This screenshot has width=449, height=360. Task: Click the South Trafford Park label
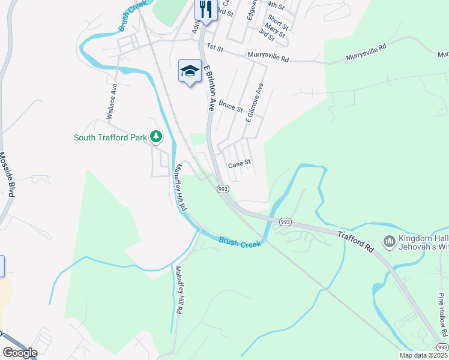tap(110, 137)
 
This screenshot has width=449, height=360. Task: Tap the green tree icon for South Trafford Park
tap(156, 137)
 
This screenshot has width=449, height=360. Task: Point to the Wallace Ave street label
tap(112, 102)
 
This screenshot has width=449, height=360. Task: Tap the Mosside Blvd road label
tap(7, 174)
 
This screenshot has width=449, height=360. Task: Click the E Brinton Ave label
tap(209, 88)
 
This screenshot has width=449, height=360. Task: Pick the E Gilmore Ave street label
tap(255, 103)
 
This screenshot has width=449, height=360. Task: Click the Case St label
tap(238, 163)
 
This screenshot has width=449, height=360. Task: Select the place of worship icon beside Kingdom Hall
tap(389, 241)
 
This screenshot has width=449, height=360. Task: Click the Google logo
tap(20, 353)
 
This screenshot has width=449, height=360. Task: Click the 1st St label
tap(214, 46)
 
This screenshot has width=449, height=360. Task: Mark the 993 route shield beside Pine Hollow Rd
tap(442, 347)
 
